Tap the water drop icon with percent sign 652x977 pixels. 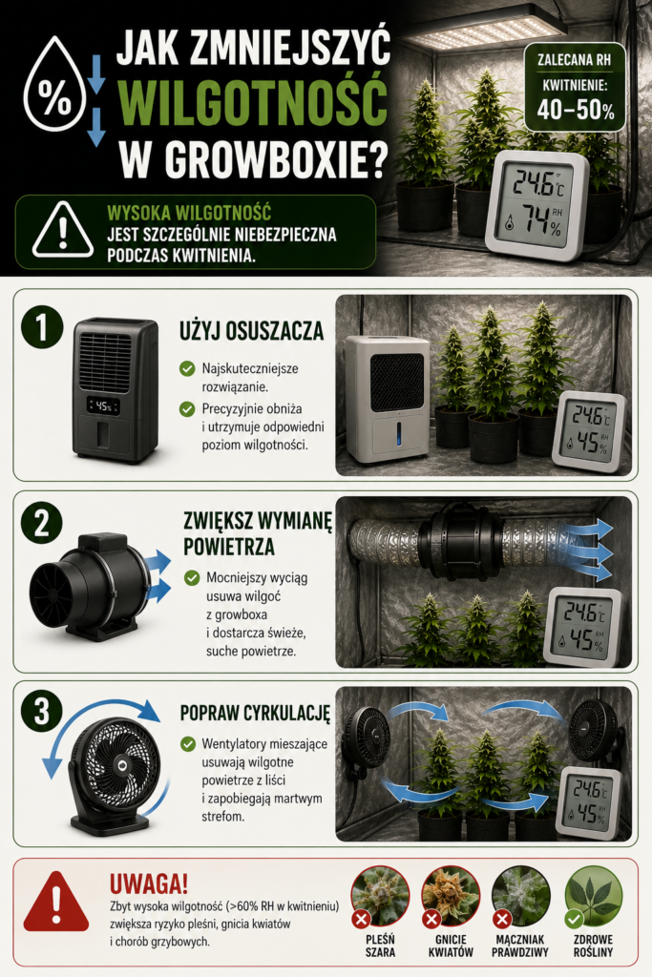[54, 84]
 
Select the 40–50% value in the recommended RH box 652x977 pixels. [576, 110]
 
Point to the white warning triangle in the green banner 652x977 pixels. [63, 230]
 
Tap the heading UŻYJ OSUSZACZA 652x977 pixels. [252, 331]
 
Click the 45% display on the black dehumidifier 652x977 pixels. [103, 406]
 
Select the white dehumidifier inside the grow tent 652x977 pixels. [388, 399]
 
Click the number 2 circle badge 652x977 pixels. [42, 523]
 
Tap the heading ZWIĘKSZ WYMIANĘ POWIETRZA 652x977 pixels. [258, 533]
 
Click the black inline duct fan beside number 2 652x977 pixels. [91, 587]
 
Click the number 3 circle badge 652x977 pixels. [42, 711]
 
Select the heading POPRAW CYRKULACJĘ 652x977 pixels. [255, 713]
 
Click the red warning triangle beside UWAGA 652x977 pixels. [56, 901]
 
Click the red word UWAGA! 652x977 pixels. [149, 883]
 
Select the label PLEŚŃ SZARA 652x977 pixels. [380, 946]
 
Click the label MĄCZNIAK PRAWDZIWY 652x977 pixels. [520, 946]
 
